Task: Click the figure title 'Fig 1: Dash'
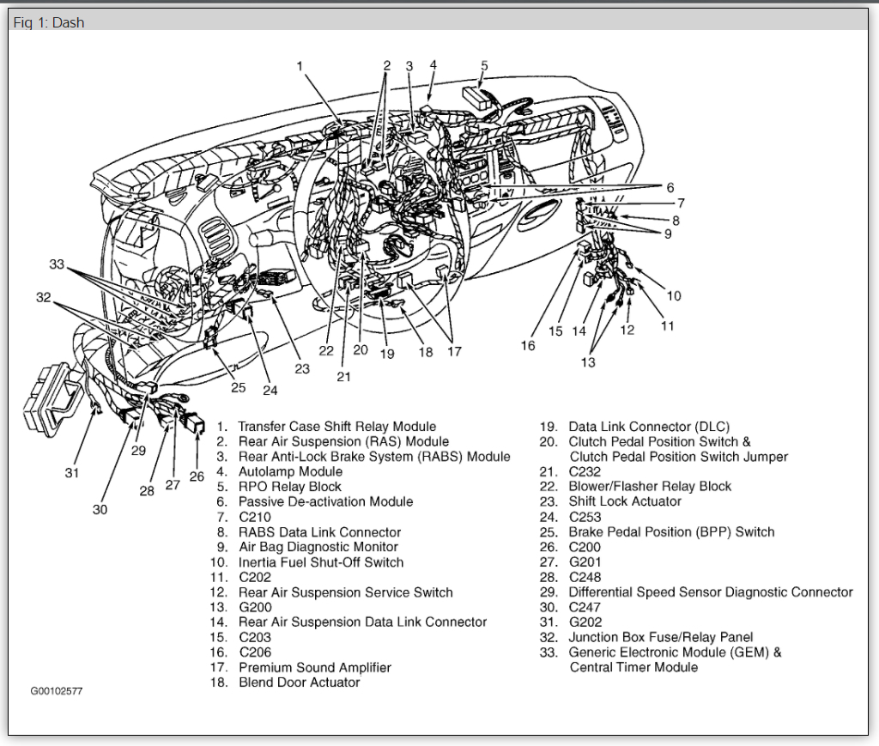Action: pos(49,22)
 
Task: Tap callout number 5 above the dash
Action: pos(484,65)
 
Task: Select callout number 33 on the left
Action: pos(57,264)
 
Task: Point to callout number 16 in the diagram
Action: pos(527,345)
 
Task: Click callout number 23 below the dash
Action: pos(302,368)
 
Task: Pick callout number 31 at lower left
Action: pos(72,472)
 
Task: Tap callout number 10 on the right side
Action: pos(674,296)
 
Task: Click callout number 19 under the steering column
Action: pos(387,353)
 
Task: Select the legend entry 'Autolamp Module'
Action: pos(290,471)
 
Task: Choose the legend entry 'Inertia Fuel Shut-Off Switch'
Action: pos(320,562)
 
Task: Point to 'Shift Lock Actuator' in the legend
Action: pos(624,501)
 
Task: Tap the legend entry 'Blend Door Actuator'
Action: pos(299,682)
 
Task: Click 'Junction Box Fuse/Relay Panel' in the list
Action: pos(660,637)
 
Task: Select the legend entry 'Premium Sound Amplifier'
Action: pos(314,667)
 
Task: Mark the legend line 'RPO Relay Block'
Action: pos(289,487)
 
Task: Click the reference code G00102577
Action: pos(57,690)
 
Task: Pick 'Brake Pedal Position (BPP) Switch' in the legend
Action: pos(671,532)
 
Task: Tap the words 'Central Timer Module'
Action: pos(633,667)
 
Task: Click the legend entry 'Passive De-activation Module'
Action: pos(325,501)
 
